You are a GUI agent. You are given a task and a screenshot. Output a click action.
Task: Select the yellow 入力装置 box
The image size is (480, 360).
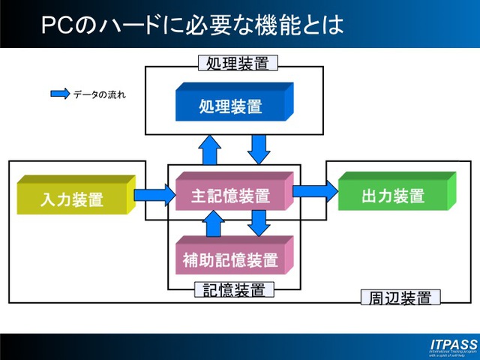(72, 199)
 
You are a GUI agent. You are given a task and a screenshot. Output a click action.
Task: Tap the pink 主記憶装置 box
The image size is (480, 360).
(230, 196)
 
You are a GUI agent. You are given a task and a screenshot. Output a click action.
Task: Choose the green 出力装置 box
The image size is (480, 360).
(393, 196)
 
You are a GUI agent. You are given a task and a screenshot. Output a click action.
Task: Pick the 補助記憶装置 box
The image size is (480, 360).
(230, 260)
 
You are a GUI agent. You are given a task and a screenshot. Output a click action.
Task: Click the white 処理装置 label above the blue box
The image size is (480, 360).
(236, 63)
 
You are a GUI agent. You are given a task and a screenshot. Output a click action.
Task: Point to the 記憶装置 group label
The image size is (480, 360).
(234, 289)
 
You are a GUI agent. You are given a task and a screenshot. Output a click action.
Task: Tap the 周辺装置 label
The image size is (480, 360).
(400, 297)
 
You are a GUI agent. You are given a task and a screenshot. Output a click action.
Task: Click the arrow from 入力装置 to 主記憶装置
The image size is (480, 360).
(154, 196)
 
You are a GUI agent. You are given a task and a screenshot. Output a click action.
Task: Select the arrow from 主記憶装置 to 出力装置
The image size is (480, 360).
(315, 190)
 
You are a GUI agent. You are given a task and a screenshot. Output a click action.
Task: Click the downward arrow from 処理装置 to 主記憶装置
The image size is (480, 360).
(259, 148)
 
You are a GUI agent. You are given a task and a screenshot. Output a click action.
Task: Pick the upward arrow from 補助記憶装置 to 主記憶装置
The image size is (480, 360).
(213, 223)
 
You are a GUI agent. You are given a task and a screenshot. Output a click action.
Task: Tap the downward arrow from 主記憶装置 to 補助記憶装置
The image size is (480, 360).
(259, 223)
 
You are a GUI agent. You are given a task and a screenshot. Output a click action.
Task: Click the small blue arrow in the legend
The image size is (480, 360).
(59, 95)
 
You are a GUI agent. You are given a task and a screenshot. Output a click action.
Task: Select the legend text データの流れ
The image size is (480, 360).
(99, 95)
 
